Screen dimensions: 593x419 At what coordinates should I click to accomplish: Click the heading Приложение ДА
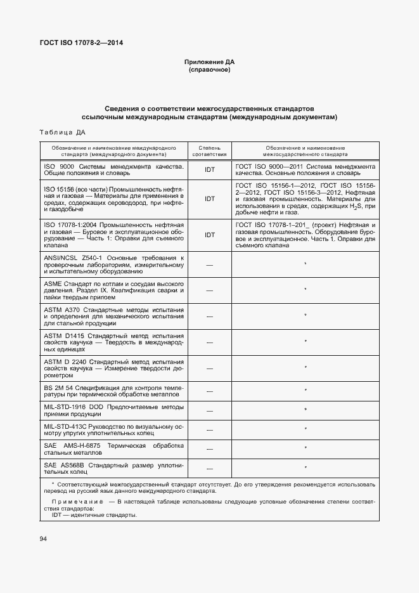pyautogui.click(x=210, y=62)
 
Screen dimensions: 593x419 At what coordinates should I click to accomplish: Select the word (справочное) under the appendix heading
pyautogui.click(x=210, y=70)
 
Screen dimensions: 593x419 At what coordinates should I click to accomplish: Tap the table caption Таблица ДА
pyautogui.click(x=62, y=133)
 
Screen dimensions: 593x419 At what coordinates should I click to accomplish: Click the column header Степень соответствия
pyautogui.click(x=209, y=150)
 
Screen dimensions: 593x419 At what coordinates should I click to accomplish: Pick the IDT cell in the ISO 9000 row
pyautogui.click(x=210, y=169)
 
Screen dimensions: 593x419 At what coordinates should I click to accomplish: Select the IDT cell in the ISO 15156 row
pyautogui.click(x=210, y=199)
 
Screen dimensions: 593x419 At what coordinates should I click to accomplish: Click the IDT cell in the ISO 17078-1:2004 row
pyautogui.click(x=210, y=234)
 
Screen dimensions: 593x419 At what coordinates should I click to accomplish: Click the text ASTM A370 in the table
pyautogui.click(x=61, y=309)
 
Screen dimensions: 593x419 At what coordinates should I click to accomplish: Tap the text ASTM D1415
pyautogui.click(x=63, y=336)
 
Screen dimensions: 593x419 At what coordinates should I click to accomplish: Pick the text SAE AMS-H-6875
pyautogui.click(x=75, y=445)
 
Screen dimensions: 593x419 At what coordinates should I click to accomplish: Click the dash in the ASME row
pyautogui.click(x=209, y=290)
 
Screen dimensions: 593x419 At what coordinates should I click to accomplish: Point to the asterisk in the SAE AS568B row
pyautogui.click(x=306, y=468)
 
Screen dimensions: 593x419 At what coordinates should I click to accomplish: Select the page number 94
pyautogui.click(x=43, y=538)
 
